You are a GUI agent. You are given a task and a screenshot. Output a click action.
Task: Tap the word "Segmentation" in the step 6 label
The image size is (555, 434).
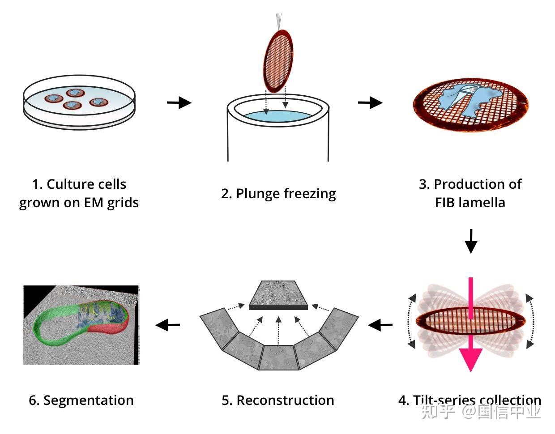[88, 400]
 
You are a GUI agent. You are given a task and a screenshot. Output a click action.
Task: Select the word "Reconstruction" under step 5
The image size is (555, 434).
[285, 400]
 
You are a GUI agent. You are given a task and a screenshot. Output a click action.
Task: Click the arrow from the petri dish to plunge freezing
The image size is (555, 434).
[179, 102]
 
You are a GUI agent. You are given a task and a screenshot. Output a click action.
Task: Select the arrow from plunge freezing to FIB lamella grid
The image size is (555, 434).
[370, 102]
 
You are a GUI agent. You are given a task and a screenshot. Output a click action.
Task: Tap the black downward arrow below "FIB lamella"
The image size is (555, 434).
[471, 241]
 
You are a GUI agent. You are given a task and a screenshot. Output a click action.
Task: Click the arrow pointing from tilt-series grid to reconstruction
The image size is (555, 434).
[380, 325]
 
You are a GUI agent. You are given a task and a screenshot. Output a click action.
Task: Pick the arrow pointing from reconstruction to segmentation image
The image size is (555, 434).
[167, 325]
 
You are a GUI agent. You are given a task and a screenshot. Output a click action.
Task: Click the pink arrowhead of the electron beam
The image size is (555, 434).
[471, 359]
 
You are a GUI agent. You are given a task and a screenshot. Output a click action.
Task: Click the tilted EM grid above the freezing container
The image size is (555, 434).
[278, 61]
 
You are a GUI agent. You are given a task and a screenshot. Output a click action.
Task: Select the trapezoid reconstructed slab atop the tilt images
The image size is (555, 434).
[278, 295]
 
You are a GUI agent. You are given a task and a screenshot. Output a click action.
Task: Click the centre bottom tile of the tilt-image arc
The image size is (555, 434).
[279, 357]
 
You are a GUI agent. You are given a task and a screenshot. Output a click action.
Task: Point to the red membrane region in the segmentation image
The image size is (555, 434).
[107, 329]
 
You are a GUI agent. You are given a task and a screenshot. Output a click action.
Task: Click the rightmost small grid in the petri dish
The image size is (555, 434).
[98, 102]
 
